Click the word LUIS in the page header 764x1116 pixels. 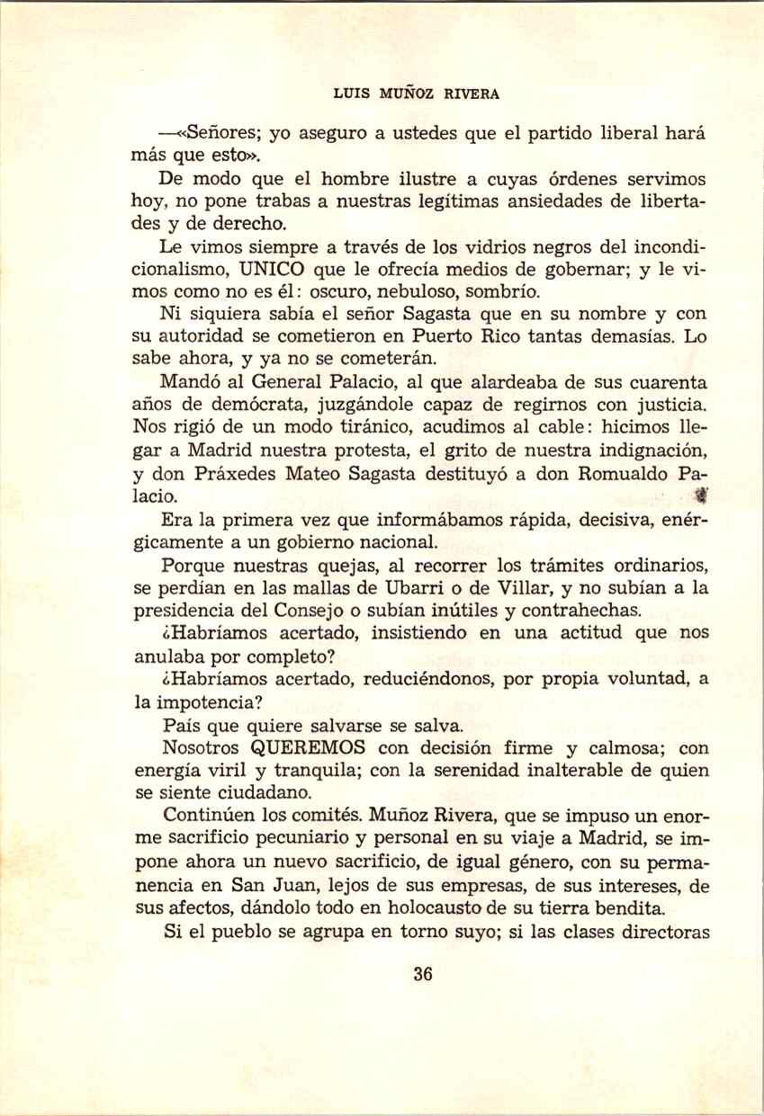click(x=349, y=93)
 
